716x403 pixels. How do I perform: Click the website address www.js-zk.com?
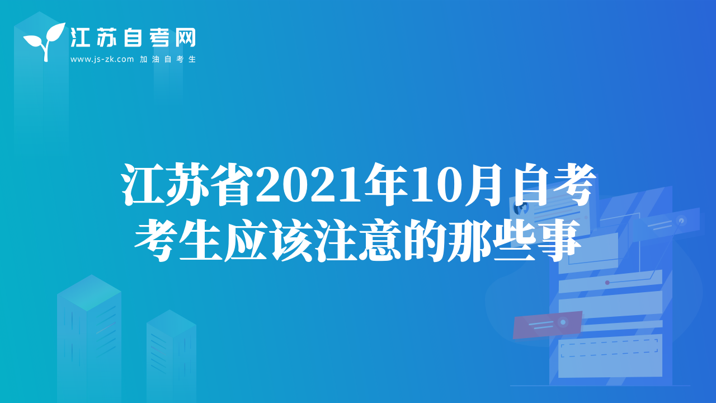tap(102, 59)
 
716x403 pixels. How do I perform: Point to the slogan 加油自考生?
tap(168, 59)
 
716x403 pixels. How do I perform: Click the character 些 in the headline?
tap(514, 241)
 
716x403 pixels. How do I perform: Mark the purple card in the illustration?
tap(547, 325)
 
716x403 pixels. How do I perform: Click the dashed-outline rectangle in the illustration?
tap(609, 348)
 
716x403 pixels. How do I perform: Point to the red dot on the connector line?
tap(607, 283)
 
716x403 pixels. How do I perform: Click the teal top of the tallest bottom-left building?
tap(89, 293)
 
